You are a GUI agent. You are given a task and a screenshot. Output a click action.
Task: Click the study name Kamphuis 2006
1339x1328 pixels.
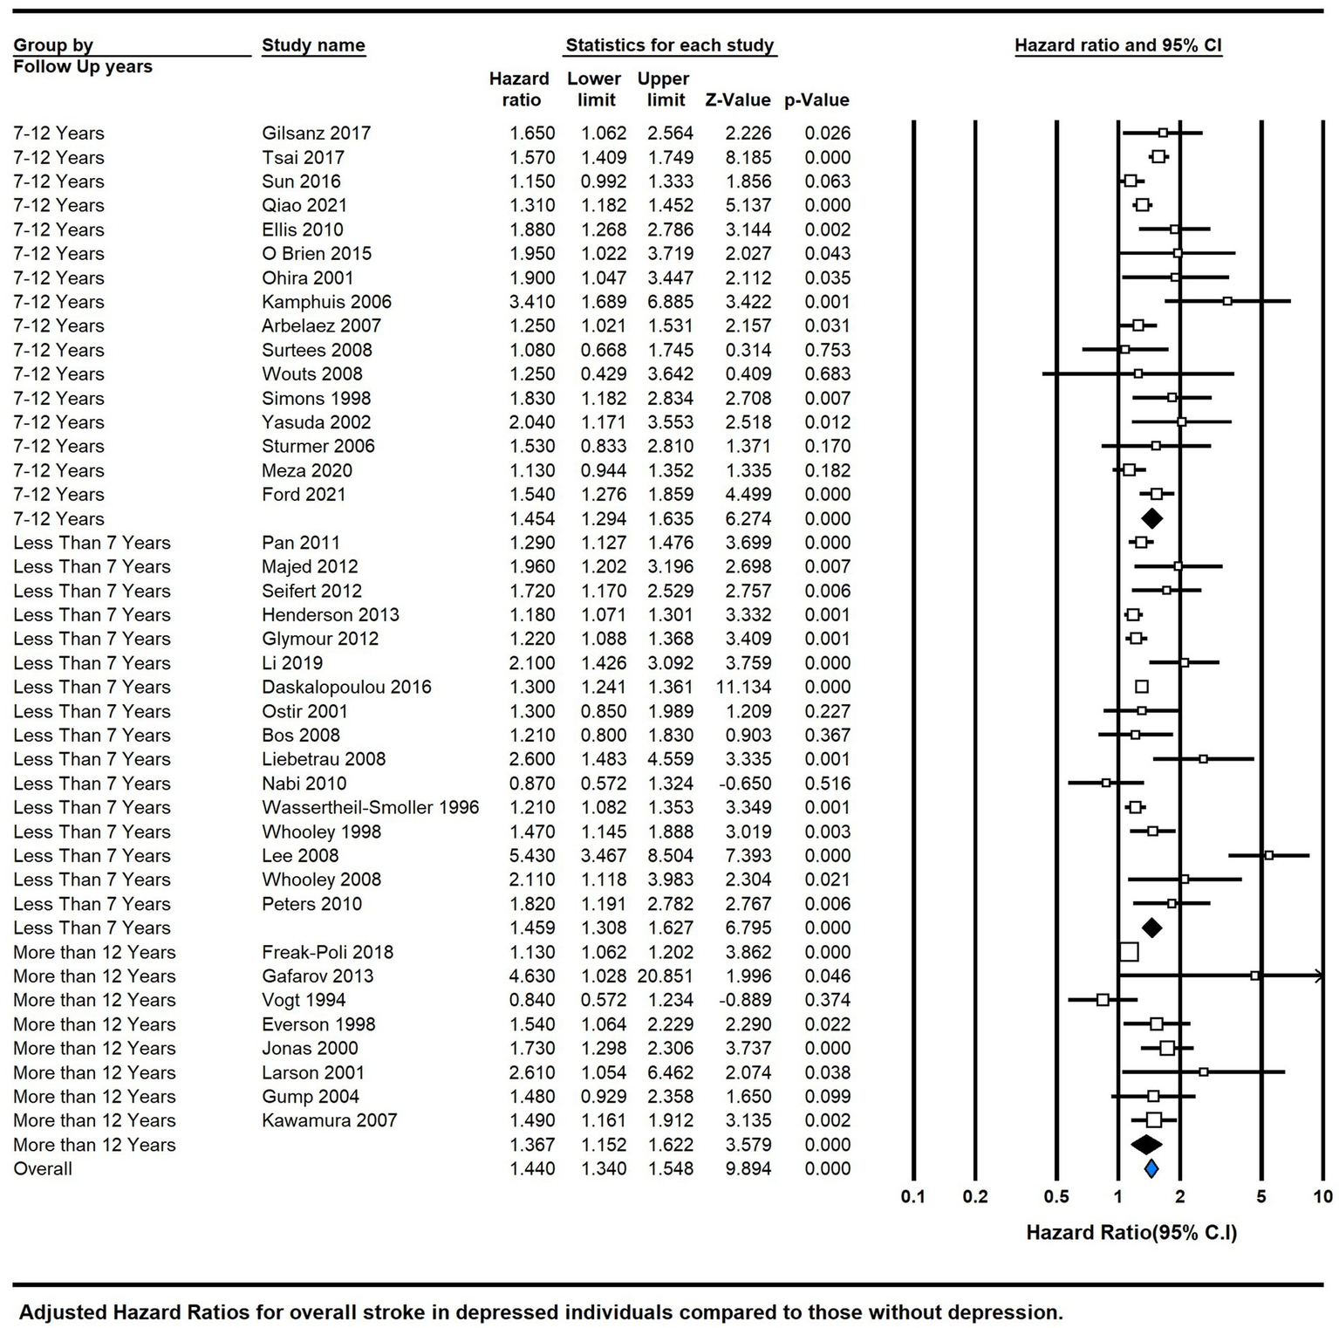coord(326,302)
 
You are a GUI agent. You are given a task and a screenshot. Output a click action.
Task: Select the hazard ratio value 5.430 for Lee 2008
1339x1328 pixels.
coord(532,856)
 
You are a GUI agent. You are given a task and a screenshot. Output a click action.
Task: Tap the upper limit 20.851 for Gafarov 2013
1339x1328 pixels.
coord(665,976)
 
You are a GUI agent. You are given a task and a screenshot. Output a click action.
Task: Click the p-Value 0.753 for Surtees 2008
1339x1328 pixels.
coord(827,350)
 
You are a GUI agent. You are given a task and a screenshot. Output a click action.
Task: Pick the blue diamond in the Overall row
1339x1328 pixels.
coord(1151,1168)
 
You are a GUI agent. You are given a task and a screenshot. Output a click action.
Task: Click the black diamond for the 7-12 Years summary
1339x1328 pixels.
coord(1151,518)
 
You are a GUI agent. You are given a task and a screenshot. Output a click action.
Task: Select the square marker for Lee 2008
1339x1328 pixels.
coord(1268,855)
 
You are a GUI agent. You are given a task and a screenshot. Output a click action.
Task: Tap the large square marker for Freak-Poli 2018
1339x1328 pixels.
coord(1128,952)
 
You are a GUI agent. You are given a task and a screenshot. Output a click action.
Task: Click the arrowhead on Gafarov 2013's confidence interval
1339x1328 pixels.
coord(1318,976)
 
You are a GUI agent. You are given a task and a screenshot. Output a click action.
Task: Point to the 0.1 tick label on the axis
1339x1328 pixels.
coord(913,1196)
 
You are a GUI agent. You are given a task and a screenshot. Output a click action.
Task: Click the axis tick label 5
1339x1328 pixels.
coord(1260,1196)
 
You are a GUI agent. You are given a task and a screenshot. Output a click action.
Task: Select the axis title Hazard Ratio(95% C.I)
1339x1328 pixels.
coord(1131,1233)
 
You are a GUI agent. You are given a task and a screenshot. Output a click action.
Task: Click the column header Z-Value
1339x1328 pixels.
coord(738,100)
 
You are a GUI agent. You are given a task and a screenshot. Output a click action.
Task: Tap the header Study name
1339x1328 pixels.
coord(313,45)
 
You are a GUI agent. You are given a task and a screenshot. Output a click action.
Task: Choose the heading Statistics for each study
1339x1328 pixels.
coord(669,45)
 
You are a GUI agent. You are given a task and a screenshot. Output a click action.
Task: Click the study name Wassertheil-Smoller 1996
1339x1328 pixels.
coord(370,808)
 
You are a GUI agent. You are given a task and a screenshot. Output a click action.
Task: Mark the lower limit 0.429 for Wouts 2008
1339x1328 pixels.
coord(604,374)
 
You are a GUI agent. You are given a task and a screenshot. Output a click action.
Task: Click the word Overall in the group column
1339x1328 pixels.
coord(43,1169)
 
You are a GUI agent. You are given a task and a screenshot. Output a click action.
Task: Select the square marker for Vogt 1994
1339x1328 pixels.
coord(1103,1000)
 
